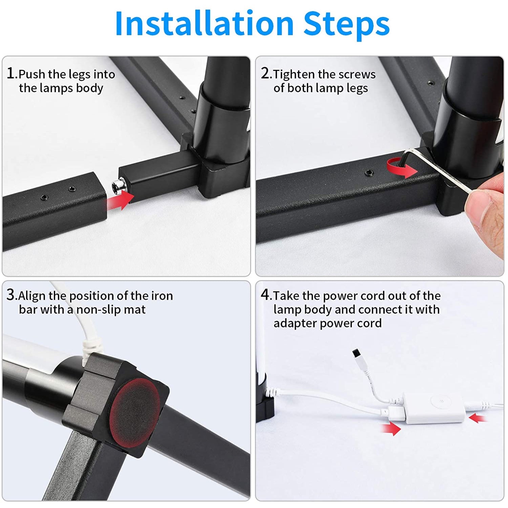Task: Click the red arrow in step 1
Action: pyautogui.click(x=121, y=199)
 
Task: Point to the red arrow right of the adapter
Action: pyautogui.click(x=478, y=418)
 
